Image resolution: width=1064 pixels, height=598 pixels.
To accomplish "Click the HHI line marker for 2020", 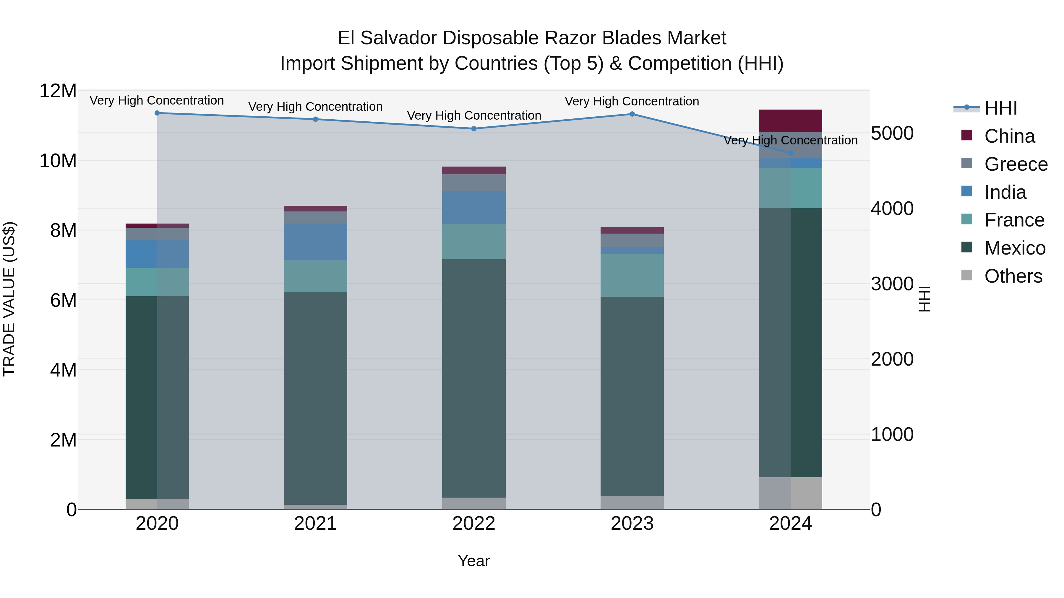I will click(157, 113).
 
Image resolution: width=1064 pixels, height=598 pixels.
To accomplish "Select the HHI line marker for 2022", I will click(474, 129).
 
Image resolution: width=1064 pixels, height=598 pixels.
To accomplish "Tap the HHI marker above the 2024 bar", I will click(791, 153).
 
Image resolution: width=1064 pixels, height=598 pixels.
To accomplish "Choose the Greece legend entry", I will click(1015, 164).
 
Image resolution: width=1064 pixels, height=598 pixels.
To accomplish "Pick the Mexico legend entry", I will click(1014, 248).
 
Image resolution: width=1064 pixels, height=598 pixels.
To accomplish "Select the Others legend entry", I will click(1013, 276).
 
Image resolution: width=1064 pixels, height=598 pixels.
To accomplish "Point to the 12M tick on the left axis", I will click(58, 91).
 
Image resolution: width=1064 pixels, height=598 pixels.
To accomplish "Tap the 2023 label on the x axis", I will click(632, 524).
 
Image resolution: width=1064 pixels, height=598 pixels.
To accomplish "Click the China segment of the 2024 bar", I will click(791, 121).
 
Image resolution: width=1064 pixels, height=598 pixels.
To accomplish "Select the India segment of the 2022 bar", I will click(474, 208).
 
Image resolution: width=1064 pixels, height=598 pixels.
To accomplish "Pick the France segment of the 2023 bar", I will click(632, 275).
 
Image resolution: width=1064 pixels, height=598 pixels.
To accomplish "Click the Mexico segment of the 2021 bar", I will click(316, 398).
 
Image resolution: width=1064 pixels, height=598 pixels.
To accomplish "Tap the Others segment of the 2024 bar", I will click(791, 493).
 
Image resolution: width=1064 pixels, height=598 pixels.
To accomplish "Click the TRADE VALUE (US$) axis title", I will click(9, 299).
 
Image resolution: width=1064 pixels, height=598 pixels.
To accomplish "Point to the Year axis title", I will click(474, 561).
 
